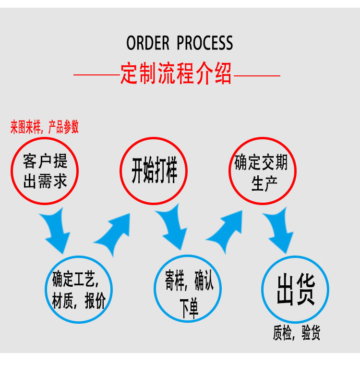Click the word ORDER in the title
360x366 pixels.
[148, 43]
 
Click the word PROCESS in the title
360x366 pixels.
[205, 43]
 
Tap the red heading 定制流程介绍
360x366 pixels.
[176, 75]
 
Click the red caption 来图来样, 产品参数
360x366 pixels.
[45, 127]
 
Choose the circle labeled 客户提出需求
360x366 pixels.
[45, 170]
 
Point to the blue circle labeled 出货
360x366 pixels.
[295, 290]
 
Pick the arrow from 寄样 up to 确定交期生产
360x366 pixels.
[226, 232]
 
